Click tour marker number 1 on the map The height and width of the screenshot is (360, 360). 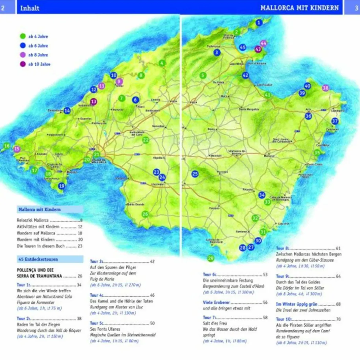click(259, 23)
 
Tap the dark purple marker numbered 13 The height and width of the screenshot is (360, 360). click(94, 102)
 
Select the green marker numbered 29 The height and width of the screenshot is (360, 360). click(210, 258)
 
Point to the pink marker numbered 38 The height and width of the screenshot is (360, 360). click(325, 88)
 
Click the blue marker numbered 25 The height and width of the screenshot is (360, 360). click(195, 174)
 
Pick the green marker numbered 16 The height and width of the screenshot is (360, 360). click(6, 146)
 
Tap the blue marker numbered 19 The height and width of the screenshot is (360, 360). click(61, 186)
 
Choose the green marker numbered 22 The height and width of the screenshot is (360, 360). click(146, 140)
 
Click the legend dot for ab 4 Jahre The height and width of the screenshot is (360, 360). click(23, 36)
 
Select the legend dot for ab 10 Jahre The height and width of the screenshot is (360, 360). click(23, 64)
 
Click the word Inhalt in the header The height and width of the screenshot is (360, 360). click(30, 8)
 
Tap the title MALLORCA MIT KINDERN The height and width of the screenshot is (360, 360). click(299, 8)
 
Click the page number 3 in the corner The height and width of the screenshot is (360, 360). click(356, 8)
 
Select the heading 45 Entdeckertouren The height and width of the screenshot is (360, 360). click(38, 259)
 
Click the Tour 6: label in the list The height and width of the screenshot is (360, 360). click(210, 274)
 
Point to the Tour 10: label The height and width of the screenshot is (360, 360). click(284, 319)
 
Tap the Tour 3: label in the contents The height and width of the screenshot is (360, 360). click(97, 262)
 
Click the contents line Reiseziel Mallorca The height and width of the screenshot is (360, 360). click(33, 220)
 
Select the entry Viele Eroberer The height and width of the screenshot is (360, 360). click(217, 303)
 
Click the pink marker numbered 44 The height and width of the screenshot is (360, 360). click(263, 43)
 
